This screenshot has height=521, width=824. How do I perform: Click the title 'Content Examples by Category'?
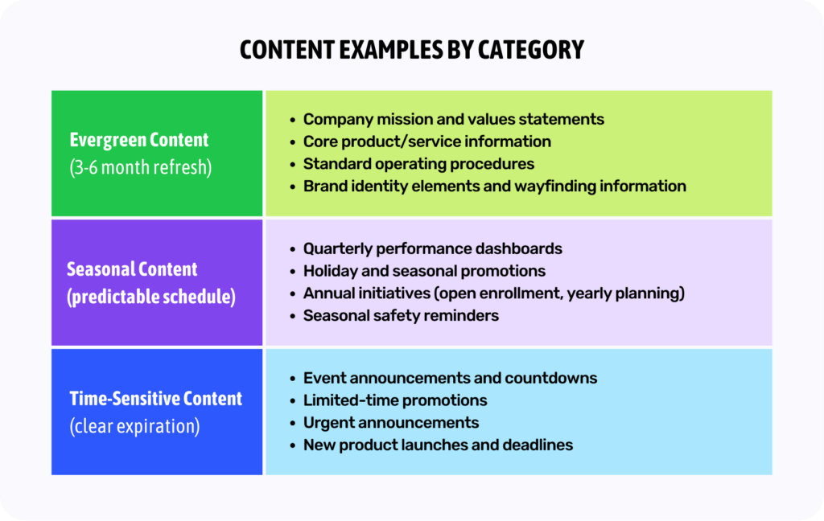[411, 50]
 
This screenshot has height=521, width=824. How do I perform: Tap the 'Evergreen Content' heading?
[138, 140]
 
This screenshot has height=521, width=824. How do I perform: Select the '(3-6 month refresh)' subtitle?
[141, 168]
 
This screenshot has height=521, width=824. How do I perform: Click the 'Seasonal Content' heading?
[132, 269]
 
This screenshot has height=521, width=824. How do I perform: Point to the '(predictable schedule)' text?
[151, 296]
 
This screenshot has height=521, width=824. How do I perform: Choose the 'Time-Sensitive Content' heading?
[155, 399]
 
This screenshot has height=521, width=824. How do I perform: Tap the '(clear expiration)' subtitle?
[134, 425]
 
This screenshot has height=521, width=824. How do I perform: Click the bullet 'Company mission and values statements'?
[453, 120]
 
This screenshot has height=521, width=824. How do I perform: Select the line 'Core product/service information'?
[426, 142]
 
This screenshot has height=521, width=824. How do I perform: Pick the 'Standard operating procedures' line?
[418, 164]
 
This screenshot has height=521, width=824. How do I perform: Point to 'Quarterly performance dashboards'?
[432, 248]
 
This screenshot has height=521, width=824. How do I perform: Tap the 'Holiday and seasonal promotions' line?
[424, 271]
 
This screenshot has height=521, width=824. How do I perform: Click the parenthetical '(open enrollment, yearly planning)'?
[559, 293]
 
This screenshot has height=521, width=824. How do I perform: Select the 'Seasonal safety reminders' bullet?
[401, 315]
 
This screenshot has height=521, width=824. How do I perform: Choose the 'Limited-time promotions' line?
[394, 400]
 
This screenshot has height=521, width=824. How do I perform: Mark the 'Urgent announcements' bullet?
[390, 423]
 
